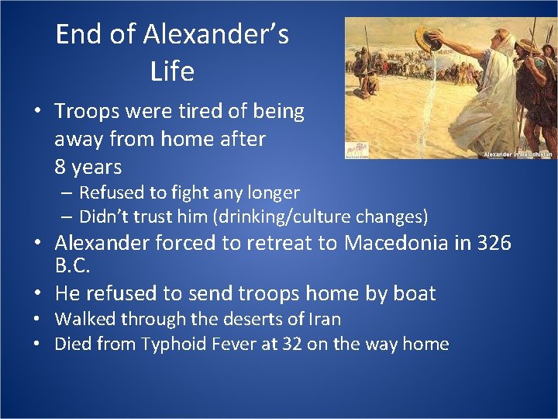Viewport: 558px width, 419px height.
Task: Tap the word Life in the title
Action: pos(172,71)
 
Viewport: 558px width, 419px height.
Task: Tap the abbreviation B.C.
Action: pos(73,266)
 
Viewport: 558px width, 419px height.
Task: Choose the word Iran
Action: pos(323,319)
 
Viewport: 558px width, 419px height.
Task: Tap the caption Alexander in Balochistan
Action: pos(518,154)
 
